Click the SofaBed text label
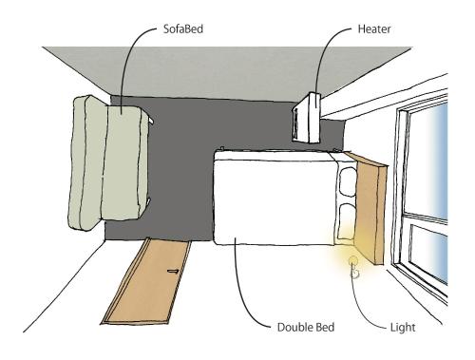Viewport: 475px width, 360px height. click(183, 29)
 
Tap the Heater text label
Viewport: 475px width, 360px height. click(374, 29)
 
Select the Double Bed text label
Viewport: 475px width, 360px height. click(306, 327)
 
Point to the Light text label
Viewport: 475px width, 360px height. click(403, 328)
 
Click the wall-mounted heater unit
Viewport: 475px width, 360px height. click(307, 118)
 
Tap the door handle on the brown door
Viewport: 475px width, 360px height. click(173, 271)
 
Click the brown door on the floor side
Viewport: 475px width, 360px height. click(147, 282)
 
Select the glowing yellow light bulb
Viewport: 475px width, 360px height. click(353, 262)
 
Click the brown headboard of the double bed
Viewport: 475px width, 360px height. click(369, 207)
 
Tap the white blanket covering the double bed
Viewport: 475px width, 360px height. click(275, 198)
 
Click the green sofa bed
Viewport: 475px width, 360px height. click(108, 162)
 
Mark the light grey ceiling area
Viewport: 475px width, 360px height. click(227, 73)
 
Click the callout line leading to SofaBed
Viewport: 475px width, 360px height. click(127, 60)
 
